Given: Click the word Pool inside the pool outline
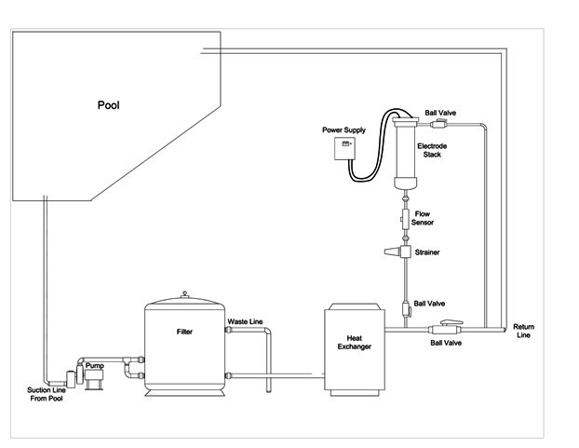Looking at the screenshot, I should [110, 104].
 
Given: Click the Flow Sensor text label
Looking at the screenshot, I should [424, 219].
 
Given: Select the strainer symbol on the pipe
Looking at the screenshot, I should [402, 252].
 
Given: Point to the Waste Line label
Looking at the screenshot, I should [244, 321].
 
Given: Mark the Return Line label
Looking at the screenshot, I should [524, 332].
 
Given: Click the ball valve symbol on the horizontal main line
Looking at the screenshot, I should [441, 330].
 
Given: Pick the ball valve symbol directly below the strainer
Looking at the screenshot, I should [405, 309].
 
